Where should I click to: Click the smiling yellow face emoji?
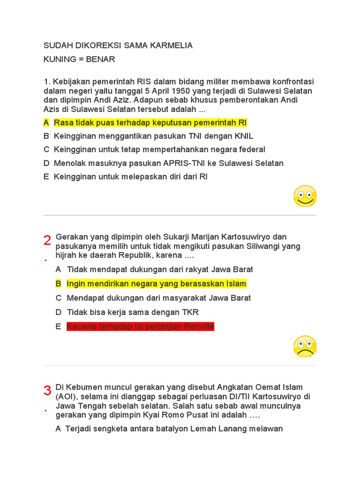305,196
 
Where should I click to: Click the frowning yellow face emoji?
305,347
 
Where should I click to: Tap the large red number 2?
47,240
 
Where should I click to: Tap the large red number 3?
47,390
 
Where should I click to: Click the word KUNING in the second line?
60,60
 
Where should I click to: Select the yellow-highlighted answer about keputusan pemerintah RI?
150,123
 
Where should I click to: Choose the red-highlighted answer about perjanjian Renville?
140,327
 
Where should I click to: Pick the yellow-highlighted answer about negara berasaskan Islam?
156,284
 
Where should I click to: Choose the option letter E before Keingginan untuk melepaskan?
46,177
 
